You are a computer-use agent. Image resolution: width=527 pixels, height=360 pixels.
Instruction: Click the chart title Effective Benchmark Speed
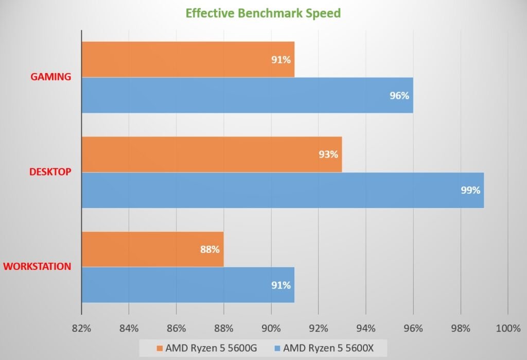coord(263,13)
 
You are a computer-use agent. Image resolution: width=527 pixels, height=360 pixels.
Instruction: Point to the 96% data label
coord(399,95)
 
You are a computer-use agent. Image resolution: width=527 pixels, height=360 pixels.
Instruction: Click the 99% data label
coord(470,190)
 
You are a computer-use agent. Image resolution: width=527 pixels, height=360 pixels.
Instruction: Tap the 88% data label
coord(210,249)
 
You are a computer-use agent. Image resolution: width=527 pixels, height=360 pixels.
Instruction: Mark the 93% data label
coord(328,155)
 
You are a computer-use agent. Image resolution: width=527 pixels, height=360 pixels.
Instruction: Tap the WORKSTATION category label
coord(37,266)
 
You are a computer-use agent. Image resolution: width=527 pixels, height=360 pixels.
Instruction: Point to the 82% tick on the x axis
coord(81,328)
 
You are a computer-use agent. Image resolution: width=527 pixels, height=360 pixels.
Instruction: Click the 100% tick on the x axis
coord(507,328)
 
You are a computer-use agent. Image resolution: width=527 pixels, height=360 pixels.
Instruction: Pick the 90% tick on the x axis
coord(271,328)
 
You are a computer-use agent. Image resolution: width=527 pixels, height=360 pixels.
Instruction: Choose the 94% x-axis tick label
coord(365,328)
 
